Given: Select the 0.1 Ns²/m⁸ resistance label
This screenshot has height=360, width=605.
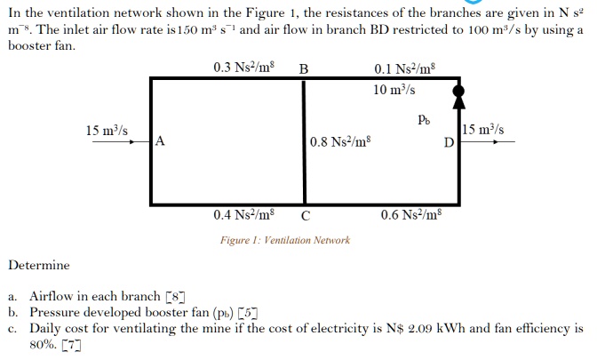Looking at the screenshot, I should [x=405, y=68].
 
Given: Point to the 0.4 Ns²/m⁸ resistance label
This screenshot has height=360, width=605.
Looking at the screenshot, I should [x=244, y=215].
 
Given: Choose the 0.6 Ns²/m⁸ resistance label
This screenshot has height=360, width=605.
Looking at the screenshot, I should [x=410, y=215].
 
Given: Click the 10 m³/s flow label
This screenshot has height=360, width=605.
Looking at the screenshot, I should [x=394, y=89].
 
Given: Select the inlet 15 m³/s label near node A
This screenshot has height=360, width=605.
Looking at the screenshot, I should [x=107, y=130].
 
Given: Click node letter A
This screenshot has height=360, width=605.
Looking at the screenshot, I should [x=160, y=140].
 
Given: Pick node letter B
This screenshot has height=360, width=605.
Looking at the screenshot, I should [x=304, y=68].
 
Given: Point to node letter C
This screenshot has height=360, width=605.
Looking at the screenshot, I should [x=306, y=215].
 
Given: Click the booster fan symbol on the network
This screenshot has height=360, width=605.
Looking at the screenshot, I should [x=458, y=91].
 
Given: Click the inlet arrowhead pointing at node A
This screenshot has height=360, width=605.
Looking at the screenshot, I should [x=146, y=140].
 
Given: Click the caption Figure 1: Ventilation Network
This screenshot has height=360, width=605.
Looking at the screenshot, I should [x=285, y=240].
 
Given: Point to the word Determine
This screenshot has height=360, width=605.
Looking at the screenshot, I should [x=38, y=265].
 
